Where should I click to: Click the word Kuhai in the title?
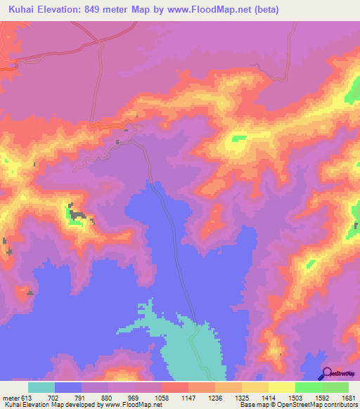pyautogui.click(x=25, y=10)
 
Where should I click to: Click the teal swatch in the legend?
pyautogui.click(x=41, y=387)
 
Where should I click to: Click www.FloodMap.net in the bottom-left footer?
pyautogui.click(x=131, y=405)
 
